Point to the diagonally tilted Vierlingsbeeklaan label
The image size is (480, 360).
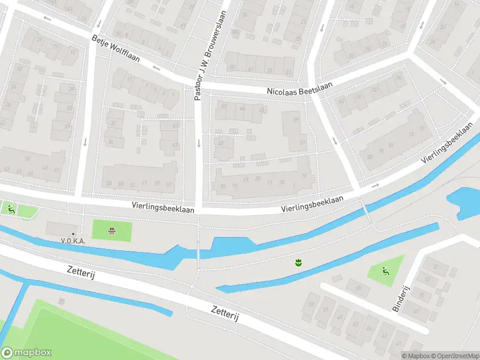(x=445, y=146)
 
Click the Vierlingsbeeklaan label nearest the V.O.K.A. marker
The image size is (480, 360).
(x=163, y=205)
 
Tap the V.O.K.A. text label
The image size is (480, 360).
(x=73, y=241)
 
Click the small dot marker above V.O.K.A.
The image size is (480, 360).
(x=73, y=233)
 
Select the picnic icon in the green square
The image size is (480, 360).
(x=112, y=230)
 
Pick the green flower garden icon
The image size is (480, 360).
(x=297, y=262)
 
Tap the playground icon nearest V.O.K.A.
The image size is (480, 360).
(x=11, y=209)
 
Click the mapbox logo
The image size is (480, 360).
(x=26, y=353)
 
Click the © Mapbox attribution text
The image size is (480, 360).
(x=416, y=356)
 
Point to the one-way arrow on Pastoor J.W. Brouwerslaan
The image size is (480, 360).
(x=199, y=143)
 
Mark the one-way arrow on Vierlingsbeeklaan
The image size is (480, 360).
(x=375, y=185)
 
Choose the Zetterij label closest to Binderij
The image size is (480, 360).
(x=225, y=313)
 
